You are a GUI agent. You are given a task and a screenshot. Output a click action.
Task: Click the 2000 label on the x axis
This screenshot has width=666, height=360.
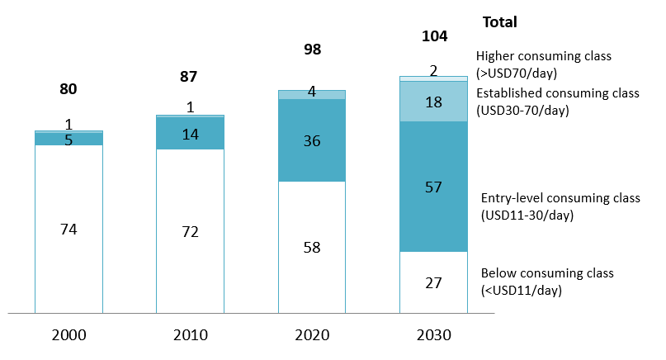coord(68,334)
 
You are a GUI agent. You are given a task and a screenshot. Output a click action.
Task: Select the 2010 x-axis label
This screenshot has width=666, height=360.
coord(190,334)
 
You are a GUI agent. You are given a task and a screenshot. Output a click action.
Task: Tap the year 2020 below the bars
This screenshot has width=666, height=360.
coord(311,334)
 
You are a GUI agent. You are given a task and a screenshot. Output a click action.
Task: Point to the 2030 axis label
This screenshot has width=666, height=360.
coord(433,334)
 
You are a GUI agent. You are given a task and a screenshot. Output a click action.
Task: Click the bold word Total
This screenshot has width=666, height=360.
coord(499,22)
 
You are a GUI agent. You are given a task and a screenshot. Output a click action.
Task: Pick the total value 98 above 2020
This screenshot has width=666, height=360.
coord(311,50)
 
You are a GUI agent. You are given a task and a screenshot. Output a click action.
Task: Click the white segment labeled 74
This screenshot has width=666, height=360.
coord(68,229)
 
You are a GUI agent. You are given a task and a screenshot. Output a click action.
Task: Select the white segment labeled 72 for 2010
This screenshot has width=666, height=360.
coord(190,231)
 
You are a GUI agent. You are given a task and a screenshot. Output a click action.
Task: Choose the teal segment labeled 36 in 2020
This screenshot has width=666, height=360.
coord(311,140)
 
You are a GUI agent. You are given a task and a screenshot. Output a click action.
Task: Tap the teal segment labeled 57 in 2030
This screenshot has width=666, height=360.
coord(433,187)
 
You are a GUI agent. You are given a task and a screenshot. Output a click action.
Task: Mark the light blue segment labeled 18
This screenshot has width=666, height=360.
coord(433,102)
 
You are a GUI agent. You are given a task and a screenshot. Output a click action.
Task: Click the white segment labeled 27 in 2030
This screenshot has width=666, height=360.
coord(433,282)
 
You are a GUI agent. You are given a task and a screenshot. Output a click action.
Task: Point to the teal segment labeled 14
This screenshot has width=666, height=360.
coord(190,134)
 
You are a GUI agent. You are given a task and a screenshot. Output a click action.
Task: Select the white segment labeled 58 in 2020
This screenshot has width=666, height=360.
coord(311,247)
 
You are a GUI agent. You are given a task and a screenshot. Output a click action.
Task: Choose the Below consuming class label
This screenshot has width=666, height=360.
coord(547,281)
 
